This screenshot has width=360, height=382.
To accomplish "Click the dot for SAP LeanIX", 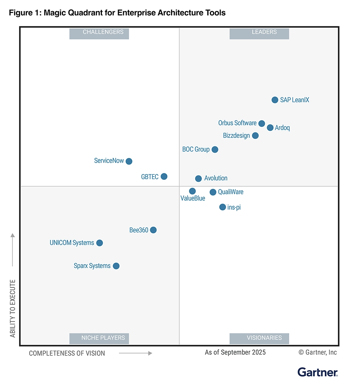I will pyautogui.click(x=275, y=100).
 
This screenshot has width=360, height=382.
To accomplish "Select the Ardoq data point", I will pyautogui.click(x=270, y=128).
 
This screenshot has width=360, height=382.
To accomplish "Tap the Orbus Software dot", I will pyautogui.click(x=262, y=123).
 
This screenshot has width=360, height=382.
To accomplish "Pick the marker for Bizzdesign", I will pyautogui.click(x=255, y=136).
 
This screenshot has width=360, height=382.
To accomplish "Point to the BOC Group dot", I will pyautogui.click(x=215, y=149).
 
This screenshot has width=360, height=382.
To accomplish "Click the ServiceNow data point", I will pyautogui.click(x=129, y=161).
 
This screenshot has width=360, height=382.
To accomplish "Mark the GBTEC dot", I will pyautogui.click(x=164, y=177).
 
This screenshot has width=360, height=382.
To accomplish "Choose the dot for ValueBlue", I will pyautogui.click(x=192, y=191).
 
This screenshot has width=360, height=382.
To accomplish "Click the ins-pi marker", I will pyautogui.click(x=222, y=207).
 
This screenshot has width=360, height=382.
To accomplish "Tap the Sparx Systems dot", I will pyautogui.click(x=116, y=266).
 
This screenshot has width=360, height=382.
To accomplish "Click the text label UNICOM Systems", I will pyautogui.click(x=72, y=243).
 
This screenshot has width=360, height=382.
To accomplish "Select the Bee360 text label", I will pyautogui.click(x=139, y=230).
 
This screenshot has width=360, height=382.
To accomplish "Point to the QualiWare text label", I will pyautogui.click(x=231, y=192).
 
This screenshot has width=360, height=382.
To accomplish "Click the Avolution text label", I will pyautogui.click(x=216, y=178).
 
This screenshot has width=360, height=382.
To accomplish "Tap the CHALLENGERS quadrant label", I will pyautogui.click(x=99, y=32).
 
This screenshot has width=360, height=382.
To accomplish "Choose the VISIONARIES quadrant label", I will pyautogui.click(x=259, y=338).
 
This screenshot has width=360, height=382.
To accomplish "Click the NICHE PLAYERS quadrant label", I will pyautogui.click(x=99, y=338).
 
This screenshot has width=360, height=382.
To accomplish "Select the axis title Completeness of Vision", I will pyautogui.click(x=67, y=353).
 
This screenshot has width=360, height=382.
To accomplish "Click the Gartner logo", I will pyautogui.click(x=318, y=372).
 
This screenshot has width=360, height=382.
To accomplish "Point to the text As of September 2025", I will pyautogui.click(x=235, y=353).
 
